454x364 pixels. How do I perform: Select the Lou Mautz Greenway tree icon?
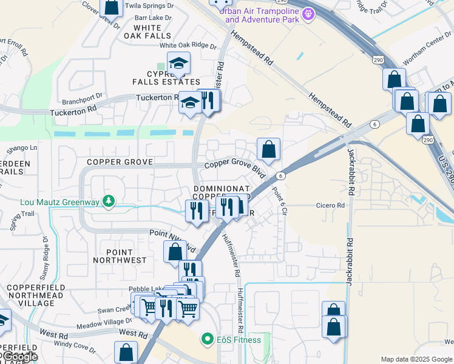click(109, 201)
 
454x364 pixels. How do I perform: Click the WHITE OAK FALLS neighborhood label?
click(147, 32)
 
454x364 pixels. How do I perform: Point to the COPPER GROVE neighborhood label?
click(118, 162)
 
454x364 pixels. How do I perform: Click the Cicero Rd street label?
click(330, 206)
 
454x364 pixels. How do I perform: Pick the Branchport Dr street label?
click(83, 95)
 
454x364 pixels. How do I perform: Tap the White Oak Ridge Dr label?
click(188, 45)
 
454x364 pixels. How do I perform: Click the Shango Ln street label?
click(22, 147)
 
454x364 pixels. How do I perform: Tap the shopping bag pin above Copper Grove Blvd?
click(268, 149)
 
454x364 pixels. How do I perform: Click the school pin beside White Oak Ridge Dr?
click(178, 62)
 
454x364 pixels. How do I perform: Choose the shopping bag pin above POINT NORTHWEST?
click(175, 251)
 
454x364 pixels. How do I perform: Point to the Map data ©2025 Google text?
click(417, 359)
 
